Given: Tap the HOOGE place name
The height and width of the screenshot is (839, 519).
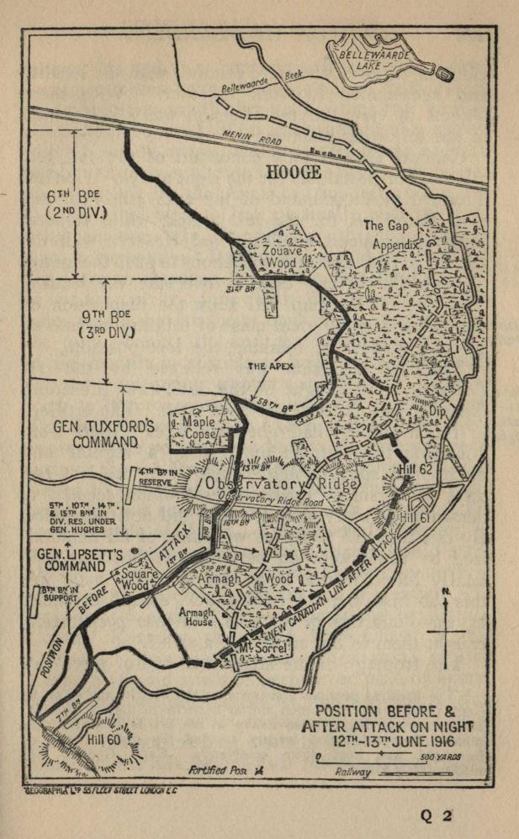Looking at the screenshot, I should coord(294,172).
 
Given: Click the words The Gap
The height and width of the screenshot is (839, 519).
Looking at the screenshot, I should coord(384,225).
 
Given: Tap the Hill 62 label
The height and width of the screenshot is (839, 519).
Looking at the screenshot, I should coord(413,470).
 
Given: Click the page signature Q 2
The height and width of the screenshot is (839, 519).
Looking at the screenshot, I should coord(437,814).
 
